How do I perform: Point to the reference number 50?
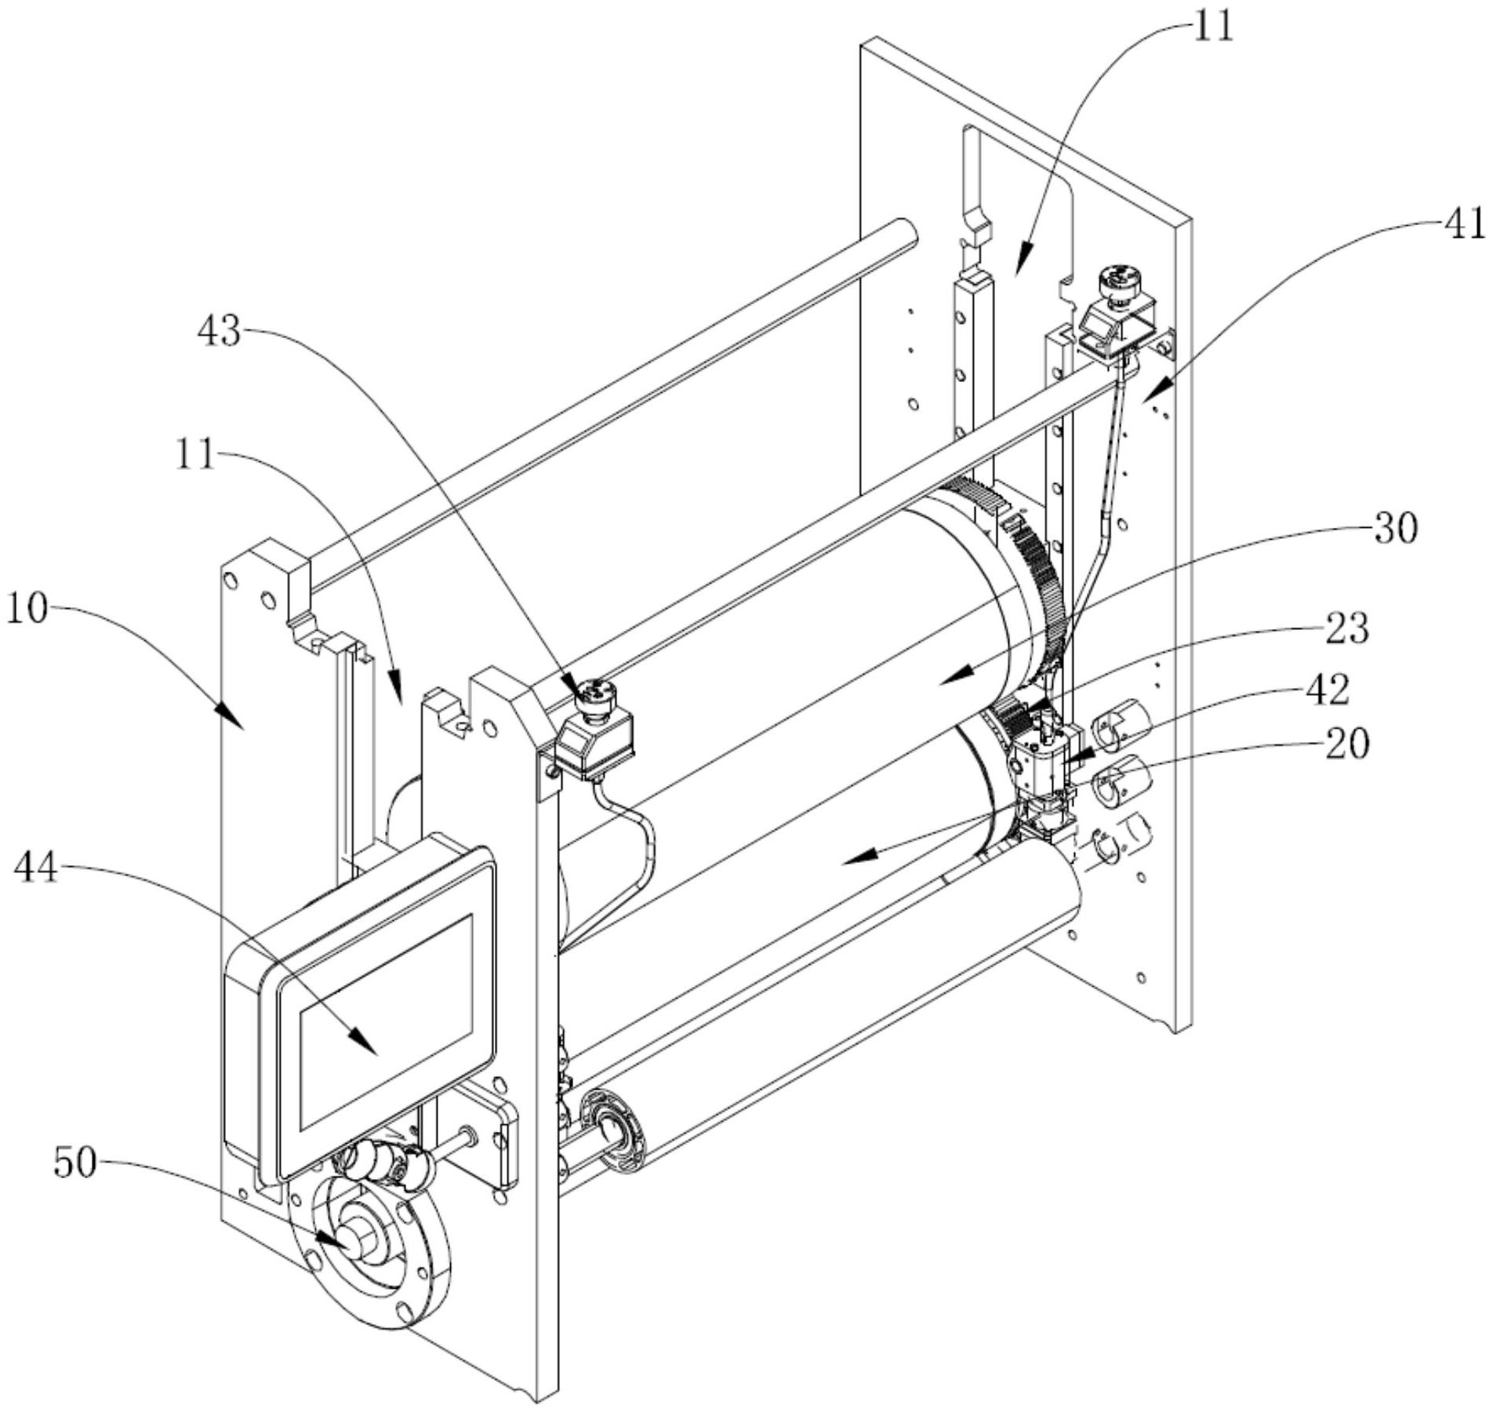tap(75, 1164)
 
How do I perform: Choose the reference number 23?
tap(1347, 628)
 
